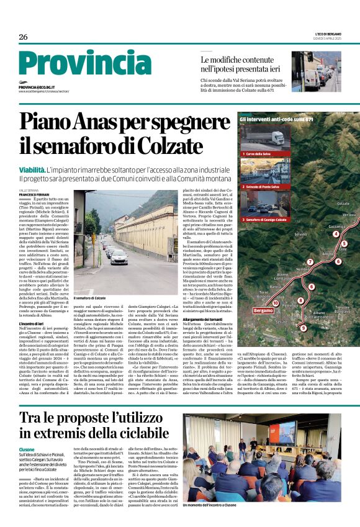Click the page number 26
point(23,37)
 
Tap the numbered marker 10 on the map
point(276,303)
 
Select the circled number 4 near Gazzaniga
point(335,233)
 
